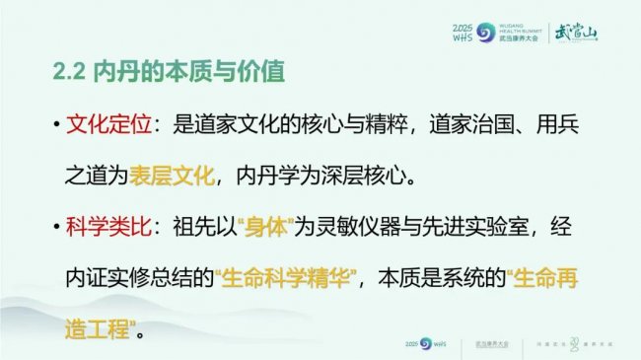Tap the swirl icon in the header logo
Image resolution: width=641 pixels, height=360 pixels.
(x=483, y=32)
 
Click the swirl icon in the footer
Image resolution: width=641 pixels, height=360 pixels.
(x=425, y=343)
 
